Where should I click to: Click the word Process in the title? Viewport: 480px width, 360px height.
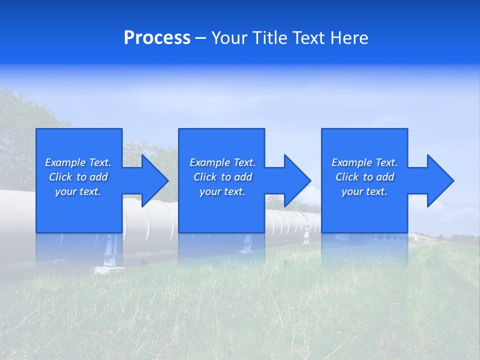point(157,38)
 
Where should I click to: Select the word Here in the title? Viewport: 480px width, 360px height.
point(348,38)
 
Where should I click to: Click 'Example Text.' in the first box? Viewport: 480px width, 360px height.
point(78,162)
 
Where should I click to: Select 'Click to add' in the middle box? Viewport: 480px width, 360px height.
point(222,177)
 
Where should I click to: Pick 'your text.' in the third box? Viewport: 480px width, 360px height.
point(364,191)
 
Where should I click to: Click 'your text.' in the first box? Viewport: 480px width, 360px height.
point(78,191)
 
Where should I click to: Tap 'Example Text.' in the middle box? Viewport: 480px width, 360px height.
point(222,162)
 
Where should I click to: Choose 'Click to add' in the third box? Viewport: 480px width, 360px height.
point(364,177)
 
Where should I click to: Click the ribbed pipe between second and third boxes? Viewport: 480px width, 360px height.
point(292,222)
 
